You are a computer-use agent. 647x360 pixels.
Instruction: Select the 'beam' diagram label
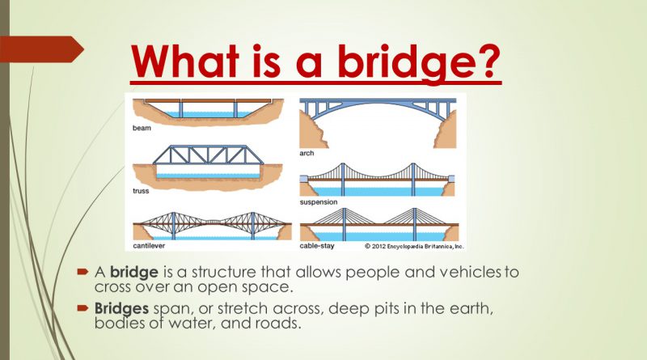pyautogui.click(x=142, y=128)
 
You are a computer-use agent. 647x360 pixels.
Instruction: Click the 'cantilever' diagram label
pyautogui.click(x=150, y=244)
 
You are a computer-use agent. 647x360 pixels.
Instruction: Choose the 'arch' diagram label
pyautogui.click(x=307, y=153)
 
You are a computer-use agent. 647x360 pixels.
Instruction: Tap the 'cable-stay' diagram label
pyautogui.click(x=318, y=244)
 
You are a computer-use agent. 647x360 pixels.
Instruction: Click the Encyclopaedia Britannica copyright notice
pyautogui.click(x=413, y=244)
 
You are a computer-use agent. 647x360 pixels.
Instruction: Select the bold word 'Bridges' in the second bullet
pyautogui.click(x=121, y=308)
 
